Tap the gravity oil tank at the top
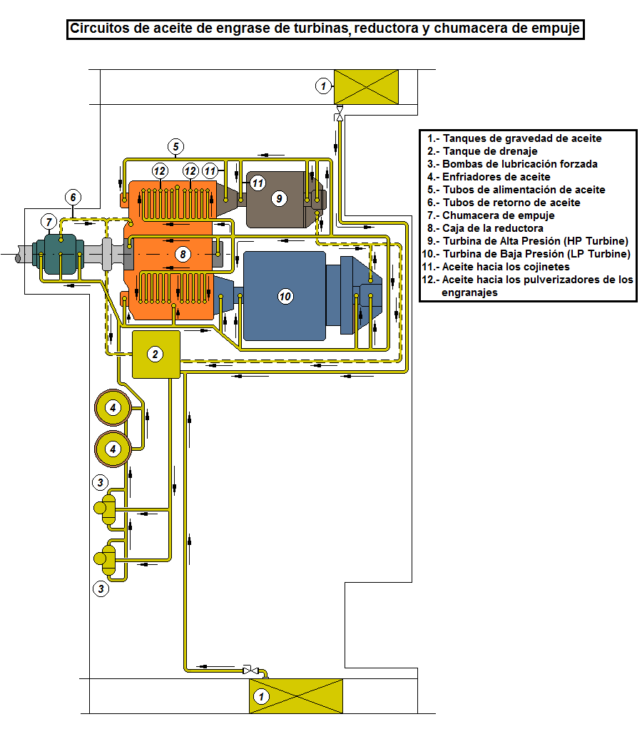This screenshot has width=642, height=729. (x=366, y=86)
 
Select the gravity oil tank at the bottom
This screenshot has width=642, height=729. (x=296, y=695)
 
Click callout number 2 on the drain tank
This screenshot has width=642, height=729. (x=155, y=354)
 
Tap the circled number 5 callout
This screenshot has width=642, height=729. (x=176, y=147)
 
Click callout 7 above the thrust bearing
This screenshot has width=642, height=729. (x=49, y=221)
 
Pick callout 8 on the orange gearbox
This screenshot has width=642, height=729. (x=183, y=254)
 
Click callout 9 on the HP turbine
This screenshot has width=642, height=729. (x=279, y=198)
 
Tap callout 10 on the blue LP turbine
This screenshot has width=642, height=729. (x=285, y=296)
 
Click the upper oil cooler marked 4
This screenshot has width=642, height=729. (x=113, y=407)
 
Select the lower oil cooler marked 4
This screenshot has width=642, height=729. (x=113, y=449)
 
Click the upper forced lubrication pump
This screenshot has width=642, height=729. (x=106, y=507)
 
